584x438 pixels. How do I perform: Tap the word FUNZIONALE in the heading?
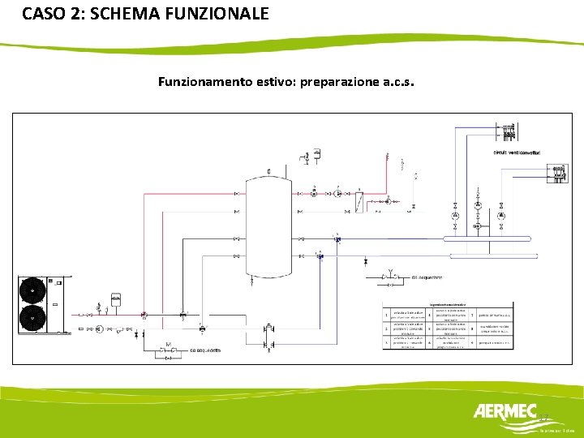tap(217, 14)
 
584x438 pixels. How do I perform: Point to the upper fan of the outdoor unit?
tap(32, 290)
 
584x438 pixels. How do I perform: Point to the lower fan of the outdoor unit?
tap(32, 317)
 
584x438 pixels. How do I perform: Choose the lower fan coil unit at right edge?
tap(559, 172)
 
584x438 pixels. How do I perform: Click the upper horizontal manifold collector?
tap(487, 238)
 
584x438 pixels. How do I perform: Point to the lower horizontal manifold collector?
tap(487, 255)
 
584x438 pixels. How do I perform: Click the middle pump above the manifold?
tap(478, 217)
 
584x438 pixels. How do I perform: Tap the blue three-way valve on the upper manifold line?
tap(337, 238)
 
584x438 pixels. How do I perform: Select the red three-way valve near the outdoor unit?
tap(144, 315)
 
